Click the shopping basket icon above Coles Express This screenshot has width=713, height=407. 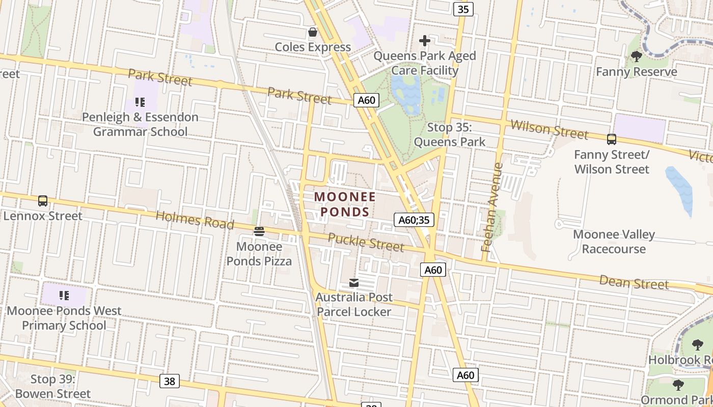click(312, 33)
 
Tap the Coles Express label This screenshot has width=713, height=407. click(313, 47)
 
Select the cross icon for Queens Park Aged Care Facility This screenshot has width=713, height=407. click(425, 41)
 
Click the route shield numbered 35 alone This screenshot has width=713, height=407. click(463, 9)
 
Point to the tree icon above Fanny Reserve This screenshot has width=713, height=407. click(636, 56)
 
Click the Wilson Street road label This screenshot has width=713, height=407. click(549, 129)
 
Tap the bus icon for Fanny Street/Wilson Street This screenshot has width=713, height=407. click(611, 139)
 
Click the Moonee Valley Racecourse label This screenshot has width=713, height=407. click(614, 242)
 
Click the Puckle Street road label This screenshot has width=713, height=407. click(366, 242)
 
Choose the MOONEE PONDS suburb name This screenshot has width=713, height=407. click(345, 204)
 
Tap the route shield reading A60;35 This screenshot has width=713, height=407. click(414, 220)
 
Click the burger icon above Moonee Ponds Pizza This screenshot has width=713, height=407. click(259, 232)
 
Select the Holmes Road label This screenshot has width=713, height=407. click(195, 220)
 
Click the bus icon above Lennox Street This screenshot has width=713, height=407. click(43, 201)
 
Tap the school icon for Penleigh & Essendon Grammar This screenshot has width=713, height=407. click(140, 102)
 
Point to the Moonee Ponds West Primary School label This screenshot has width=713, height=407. click(64, 318)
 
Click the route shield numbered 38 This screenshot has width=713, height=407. click(170, 381)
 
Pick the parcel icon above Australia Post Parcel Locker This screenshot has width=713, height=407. click(353, 283)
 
